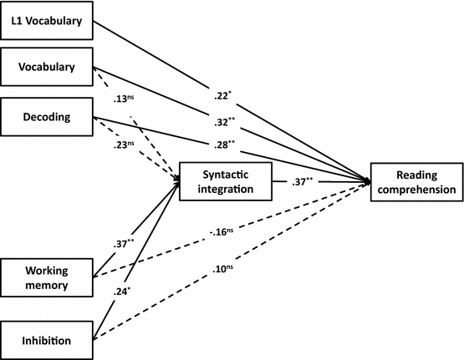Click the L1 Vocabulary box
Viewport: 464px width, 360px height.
pos(46,22)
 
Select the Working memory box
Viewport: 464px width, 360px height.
pos(46,276)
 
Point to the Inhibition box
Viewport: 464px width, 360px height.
pos(46,340)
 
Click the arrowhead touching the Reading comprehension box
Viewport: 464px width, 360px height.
pos(368,181)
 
